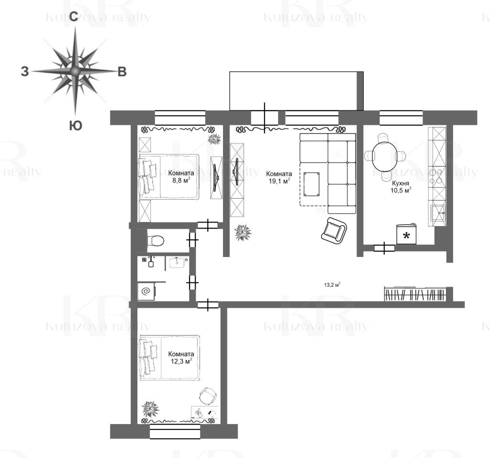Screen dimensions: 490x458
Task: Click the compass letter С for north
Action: [74, 17]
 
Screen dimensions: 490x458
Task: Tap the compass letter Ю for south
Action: [75, 126]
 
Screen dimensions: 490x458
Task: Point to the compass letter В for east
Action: [122, 72]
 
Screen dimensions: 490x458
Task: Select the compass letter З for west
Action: [25, 71]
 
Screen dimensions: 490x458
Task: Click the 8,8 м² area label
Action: [181, 180]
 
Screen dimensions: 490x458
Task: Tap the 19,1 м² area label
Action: [280, 181]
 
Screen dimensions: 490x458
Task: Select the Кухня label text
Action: [401, 183]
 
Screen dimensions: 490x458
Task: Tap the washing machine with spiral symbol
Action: [146, 291]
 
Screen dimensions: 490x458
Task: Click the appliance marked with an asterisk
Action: [407, 234]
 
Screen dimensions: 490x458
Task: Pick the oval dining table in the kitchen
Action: [384, 156]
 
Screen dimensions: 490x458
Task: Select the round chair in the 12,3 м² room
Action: [208, 396]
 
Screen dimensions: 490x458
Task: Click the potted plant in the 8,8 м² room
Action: [214, 139]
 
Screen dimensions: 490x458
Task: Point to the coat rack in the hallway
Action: [415, 294]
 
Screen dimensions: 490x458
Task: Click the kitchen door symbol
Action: [384, 248]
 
